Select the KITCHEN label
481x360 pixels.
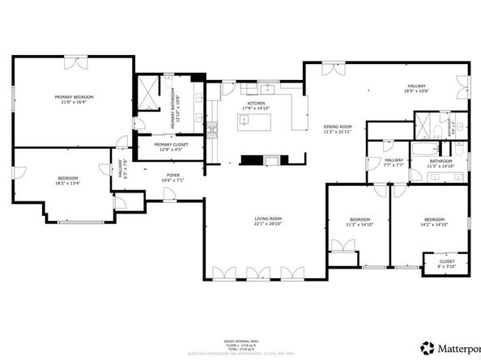click(x=257, y=104)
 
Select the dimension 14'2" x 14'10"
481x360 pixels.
click(x=434, y=225)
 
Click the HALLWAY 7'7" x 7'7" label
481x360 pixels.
click(x=394, y=163)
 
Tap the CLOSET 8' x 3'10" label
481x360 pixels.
click(x=447, y=264)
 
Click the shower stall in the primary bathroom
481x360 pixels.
click(x=148, y=93)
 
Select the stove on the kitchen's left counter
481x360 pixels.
click(x=213, y=132)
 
